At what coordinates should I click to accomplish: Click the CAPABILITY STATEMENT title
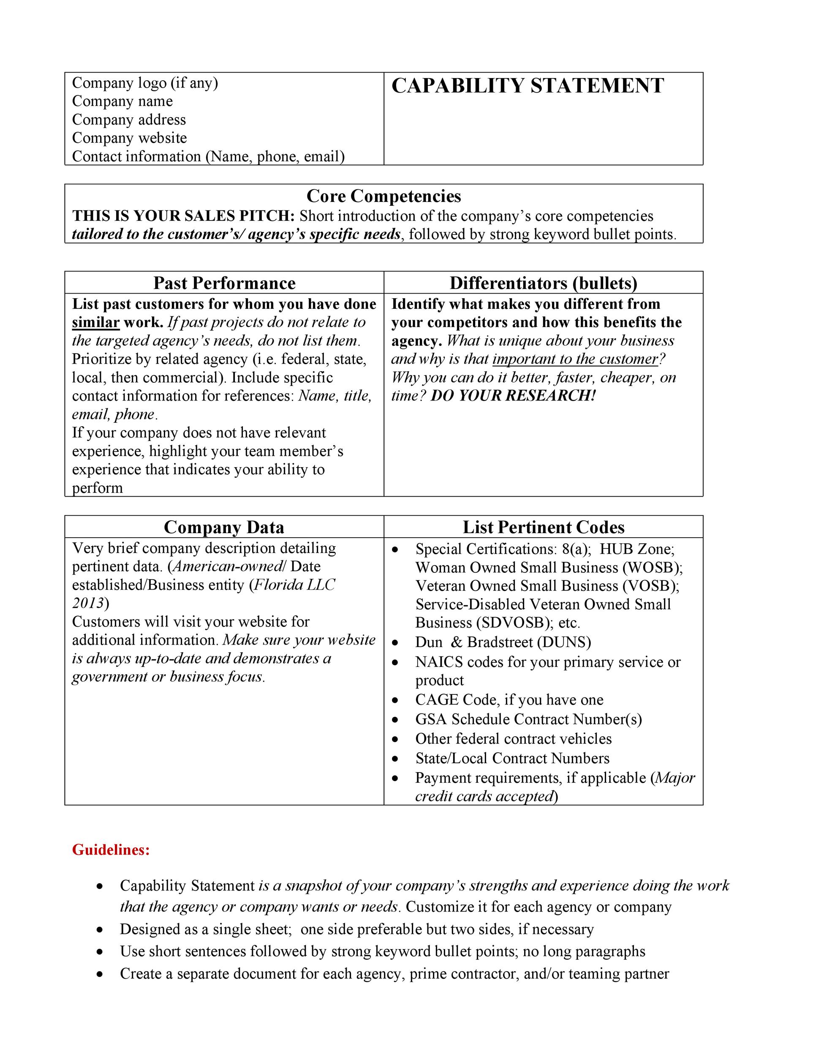tap(528, 86)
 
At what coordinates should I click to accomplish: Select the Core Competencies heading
tap(384, 196)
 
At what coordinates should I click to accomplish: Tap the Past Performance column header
tap(224, 283)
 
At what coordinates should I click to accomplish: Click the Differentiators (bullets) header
tap(543, 283)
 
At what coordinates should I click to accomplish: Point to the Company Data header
tap(224, 527)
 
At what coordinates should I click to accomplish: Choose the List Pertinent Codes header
tap(543, 527)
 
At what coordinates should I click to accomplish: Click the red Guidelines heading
tap(111, 849)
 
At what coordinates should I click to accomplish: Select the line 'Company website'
tap(129, 138)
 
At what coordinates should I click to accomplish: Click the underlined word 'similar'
tap(96, 323)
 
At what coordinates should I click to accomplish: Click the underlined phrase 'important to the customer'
tap(575, 359)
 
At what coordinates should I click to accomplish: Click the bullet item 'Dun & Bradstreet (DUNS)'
tap(503, 642)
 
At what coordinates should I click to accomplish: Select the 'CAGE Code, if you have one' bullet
tap(509, 699)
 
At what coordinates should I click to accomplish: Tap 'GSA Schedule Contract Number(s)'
tap(528, 719)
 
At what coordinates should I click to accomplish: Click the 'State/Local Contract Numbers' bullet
tap(512, 758)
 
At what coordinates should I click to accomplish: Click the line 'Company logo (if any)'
tap(145, 83)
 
